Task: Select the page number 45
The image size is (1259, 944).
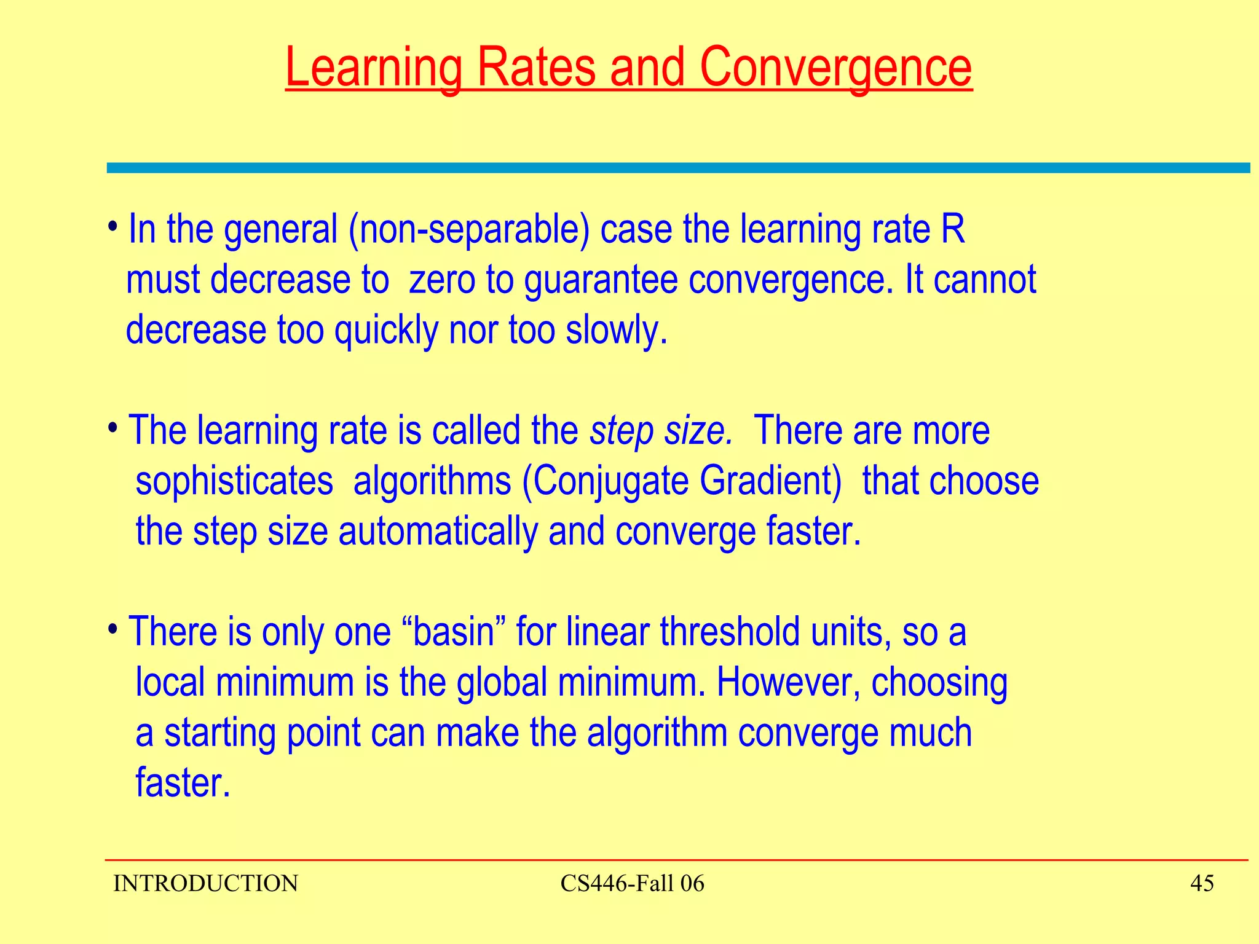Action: [x=1202, y=883]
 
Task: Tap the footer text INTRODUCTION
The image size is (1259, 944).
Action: [x=205, y=883]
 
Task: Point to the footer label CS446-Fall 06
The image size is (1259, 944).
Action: [x=632, y=883]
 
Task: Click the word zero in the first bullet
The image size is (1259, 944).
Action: [x=442, y=280]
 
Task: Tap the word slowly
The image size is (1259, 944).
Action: [x=615, y=330]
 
